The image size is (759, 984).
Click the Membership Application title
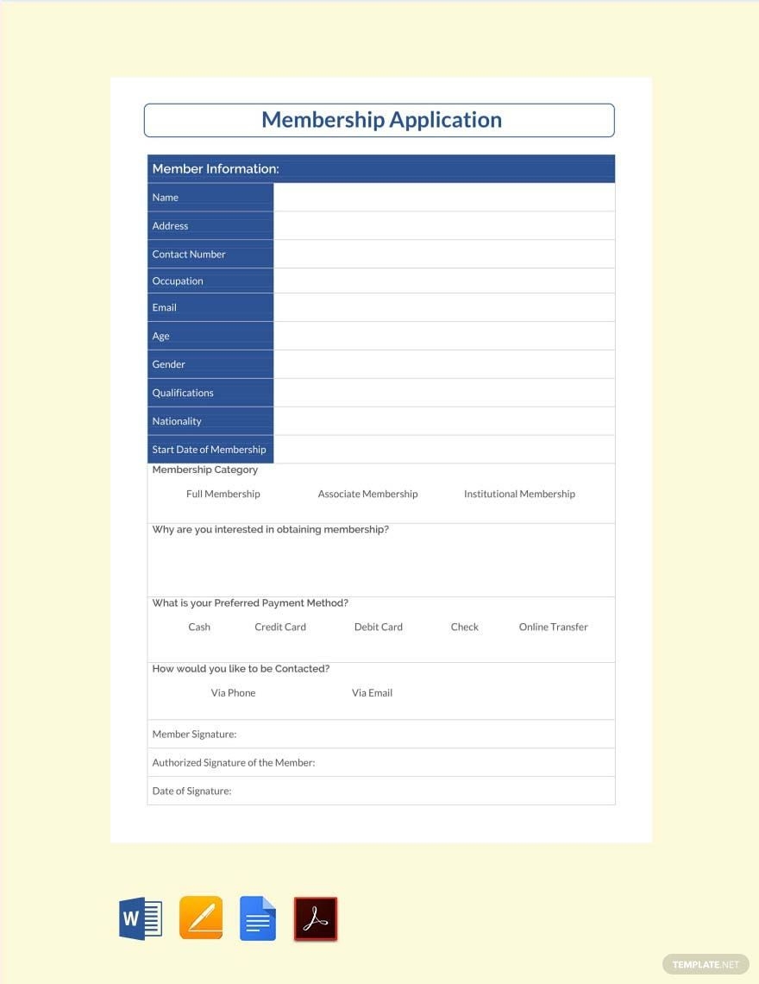[x=380, y=120]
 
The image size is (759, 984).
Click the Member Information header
[x=216, y=169]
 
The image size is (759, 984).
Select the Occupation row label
[x=178, y=281]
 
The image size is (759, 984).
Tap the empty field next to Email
[x=443, y=307]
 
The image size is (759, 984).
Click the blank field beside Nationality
[x=443, y=421]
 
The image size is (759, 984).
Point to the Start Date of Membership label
[x=209, y=450]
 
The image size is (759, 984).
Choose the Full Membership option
[x=223, y=495]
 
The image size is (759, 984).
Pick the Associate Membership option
[x=367, y=495]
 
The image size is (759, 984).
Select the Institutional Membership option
[x=519, y=495]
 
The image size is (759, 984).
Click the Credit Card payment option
[x=280, y=628]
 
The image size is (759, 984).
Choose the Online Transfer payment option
[x=553, y=628]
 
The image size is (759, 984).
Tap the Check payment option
[x=464, y=628]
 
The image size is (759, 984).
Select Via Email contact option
[x=372, y=693]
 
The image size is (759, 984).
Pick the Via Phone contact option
[x=233, y=693]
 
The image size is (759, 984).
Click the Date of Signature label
[x=191, y=792]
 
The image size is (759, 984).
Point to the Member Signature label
[x=194, y=735]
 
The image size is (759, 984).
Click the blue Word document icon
[x=140, y=918]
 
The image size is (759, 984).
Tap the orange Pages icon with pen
[x=200, y=918]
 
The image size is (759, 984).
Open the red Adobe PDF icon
[x=316, y=918]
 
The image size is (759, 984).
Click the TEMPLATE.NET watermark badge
[x=706, y=964]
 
